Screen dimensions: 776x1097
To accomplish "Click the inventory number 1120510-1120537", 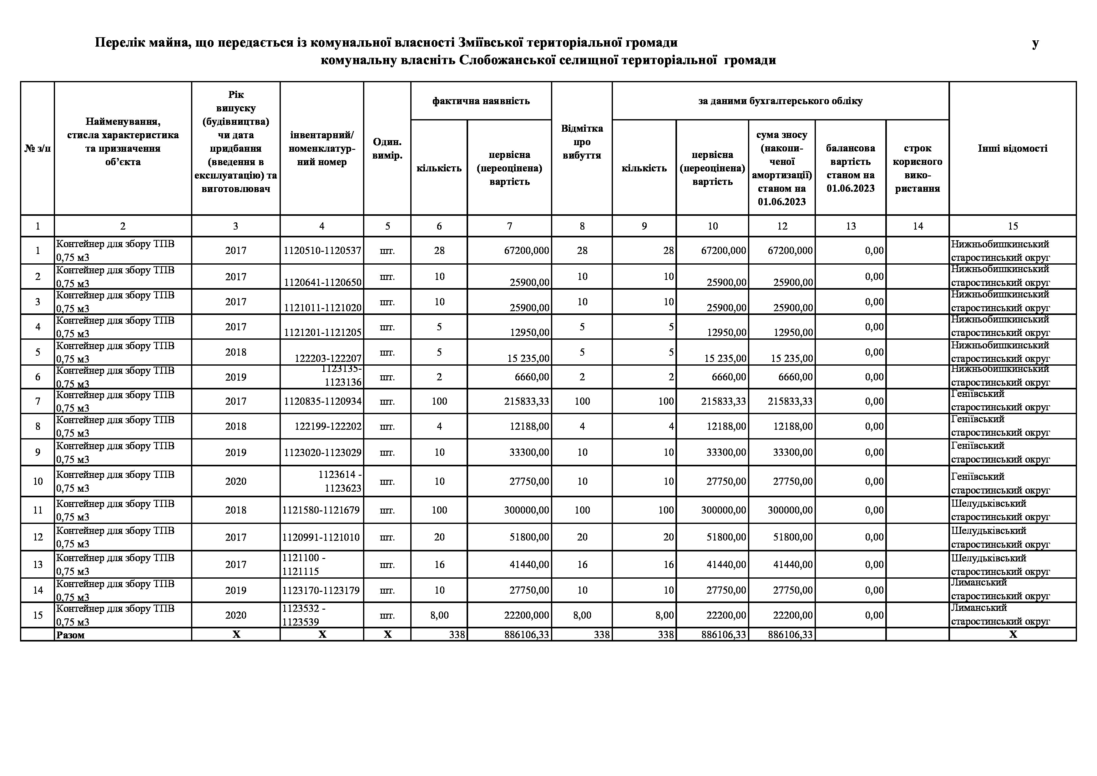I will coord(322,251).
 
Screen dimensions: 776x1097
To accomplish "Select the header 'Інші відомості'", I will coord(1013,148).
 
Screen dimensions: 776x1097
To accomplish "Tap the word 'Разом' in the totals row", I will coord(70,635).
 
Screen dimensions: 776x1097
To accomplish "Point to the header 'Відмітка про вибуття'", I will coord(582,142).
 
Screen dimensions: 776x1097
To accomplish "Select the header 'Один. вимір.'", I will coord(387,149).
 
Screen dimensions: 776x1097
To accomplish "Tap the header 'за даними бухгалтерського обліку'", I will coord(780,101).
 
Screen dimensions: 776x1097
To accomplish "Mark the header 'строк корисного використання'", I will coord(918,168).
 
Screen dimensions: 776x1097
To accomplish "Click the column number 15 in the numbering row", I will coord(1013,226).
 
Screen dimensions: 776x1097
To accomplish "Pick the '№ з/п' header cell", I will coord(37,149).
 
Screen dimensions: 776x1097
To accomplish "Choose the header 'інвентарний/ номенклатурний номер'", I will coord(321,149).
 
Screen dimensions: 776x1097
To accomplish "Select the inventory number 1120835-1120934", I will coord(322,401).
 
